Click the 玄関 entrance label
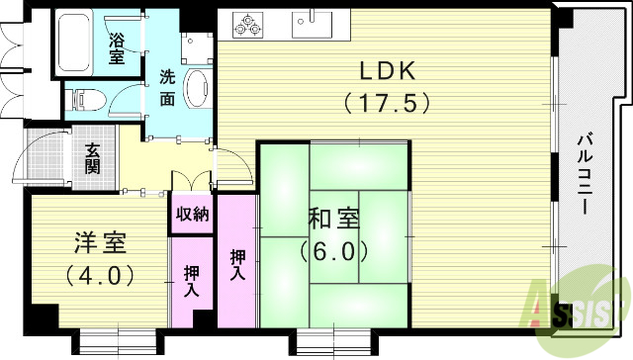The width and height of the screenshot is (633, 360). tap(92, 157)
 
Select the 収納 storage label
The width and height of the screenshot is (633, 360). tap(192, 216)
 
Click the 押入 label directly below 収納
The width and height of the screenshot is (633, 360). tap(192, 281)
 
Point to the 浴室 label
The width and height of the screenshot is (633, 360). tap(117, 48)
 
